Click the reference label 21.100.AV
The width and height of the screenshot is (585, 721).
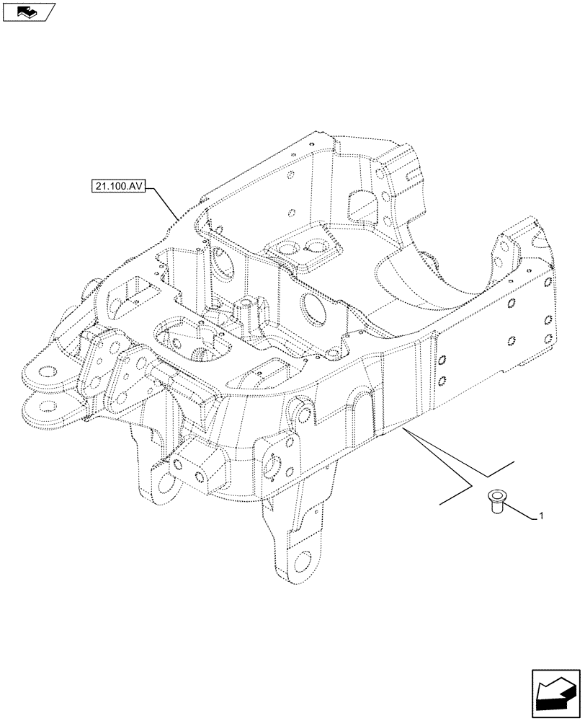click(x=119, y=187)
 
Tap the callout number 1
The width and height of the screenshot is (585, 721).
click(x=541, y=516)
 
